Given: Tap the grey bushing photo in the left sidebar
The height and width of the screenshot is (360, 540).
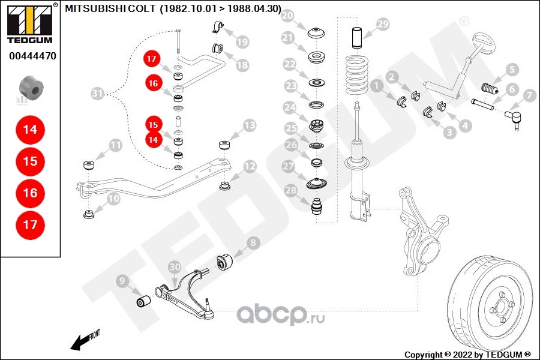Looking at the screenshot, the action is [30, 88].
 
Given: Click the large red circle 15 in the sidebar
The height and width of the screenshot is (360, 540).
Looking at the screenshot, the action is [30, 161].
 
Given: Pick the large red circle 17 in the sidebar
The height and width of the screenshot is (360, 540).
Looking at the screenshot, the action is [30, 225].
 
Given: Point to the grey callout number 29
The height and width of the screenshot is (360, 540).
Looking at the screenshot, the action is [382, 25].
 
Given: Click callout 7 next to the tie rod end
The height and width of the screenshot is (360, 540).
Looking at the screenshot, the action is [529, 95].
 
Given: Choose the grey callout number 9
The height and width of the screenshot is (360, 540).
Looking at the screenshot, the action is [122, 280].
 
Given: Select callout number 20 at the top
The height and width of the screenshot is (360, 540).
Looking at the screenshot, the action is [288, 16].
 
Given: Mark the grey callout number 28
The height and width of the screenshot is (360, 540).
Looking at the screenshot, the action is [290, 191].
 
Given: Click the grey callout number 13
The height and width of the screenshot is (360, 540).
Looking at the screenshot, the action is [250, 125].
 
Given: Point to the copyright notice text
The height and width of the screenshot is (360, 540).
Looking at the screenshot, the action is [467, 354].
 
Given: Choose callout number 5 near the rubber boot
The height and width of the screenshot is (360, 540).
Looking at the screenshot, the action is [511, 69].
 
